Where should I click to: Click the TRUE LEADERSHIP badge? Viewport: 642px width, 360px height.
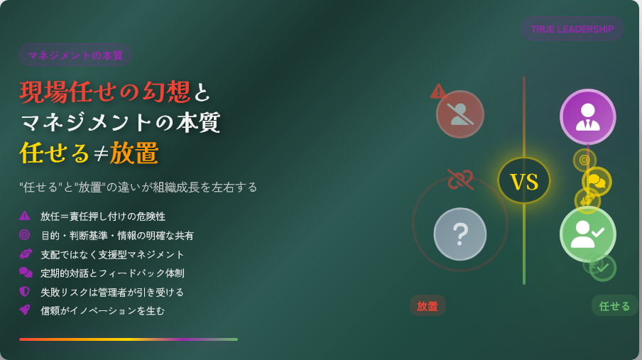[572, 28]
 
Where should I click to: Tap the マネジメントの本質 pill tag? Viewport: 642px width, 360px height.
[75, 55]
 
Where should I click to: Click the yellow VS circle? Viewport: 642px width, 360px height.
[523, 180]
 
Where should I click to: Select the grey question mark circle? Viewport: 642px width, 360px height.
[459, 234]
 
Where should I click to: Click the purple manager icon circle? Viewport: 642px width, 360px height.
[587, 116]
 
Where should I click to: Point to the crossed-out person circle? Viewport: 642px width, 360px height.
[459, 114]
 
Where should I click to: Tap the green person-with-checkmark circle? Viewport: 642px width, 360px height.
[587, 234]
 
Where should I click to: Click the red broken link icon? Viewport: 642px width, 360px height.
[460, 179]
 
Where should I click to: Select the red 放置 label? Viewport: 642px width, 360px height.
[428, 305]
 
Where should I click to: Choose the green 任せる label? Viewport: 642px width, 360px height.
[614, 305]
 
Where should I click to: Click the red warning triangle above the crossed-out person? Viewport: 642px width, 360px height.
[438, 92]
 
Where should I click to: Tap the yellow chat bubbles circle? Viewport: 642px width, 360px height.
[597, 182]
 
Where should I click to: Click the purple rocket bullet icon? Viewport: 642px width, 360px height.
[25, 310]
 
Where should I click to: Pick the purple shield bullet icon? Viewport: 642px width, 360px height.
[25, 291]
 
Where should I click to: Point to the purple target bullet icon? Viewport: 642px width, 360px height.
[25, 235]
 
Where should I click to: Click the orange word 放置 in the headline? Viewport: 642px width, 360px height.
[134, 153]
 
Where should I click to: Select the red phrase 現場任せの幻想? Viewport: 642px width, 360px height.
[105, 91]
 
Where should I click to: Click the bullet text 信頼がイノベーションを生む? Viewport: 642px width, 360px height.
[102, 311]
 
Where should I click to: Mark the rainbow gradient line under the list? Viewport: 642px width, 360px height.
[128, 339]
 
